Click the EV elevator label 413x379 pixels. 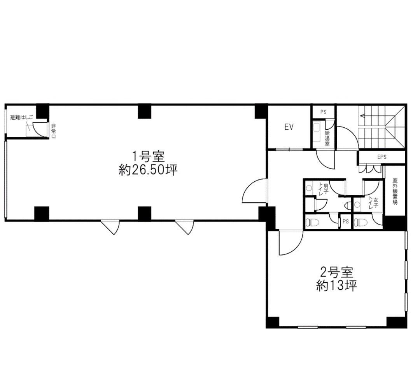pos(289,127)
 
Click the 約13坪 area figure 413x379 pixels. pos(336,286)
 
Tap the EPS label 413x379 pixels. pos(382,157)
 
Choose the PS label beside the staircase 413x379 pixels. pos(323,112)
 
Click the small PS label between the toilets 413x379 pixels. pos(345,222)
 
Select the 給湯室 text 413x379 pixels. pos(327,137)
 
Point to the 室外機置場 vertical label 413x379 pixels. pos(395,191)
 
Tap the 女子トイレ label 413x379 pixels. pos(373,203)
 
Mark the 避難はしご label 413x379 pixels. pos(22,117)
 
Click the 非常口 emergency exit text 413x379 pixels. pos(53,131)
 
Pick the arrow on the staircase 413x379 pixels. pos(364,115)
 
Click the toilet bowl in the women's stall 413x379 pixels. pos(362,223)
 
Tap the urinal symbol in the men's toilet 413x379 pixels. pos(345,205)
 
